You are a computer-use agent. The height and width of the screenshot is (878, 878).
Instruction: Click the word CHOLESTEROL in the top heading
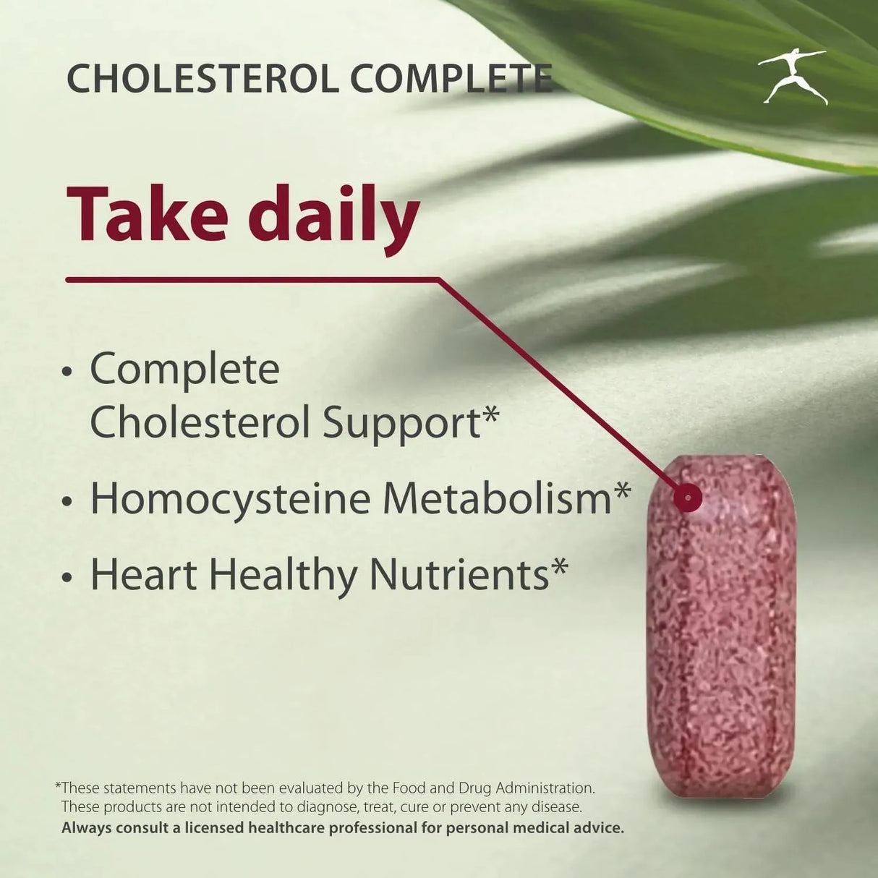pos(202,79)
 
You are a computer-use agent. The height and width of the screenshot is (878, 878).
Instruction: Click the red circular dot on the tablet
pos(686,497)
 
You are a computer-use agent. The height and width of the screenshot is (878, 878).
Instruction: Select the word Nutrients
pos(459,575)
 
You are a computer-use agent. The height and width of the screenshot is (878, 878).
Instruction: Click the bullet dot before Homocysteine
pos(67,501)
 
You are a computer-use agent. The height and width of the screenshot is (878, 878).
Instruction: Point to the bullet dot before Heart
pos(67,578)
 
